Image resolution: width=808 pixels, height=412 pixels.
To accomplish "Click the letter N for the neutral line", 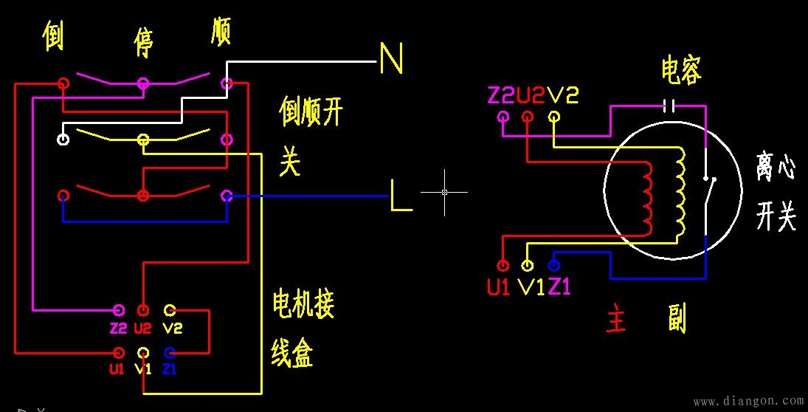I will pyautogui.click(x=391, y=58).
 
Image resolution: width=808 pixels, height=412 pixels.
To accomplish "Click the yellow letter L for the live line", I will pyautogui.click(x=401, y=196).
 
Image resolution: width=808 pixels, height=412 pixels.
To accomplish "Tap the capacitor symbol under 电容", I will pyautogui.click(x=669, y=106).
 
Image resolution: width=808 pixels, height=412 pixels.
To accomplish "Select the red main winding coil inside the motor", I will pyautogui.click(x=647, y=195).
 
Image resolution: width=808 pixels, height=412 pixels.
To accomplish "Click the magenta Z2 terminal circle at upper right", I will pyautogui.click(x=503, y=117).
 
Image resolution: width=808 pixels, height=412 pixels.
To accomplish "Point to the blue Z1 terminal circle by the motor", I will pyautogui.click(x=554, y=265).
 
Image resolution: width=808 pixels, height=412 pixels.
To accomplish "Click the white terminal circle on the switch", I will pyautogui.click(x=63, y=139).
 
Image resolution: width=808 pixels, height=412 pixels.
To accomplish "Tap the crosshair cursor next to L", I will pyautogui.click(x=444, y=192).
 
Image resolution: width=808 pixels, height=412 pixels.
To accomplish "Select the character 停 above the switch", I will pyautogui.click(x=143, y=42).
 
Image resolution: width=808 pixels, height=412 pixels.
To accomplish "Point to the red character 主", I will pyautogui.click(x=616, y=320).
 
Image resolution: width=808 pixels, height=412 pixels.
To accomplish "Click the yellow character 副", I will pyautogui.click(x=676, y=320).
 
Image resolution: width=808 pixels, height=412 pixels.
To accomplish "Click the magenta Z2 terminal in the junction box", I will pyautogui.click(x=118, y=309).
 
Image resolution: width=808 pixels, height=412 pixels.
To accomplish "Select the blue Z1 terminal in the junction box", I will pyautogui.click(x=170, y=352).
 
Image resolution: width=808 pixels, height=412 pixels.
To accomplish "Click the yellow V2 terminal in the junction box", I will pyautogui.click(x=170, y=309).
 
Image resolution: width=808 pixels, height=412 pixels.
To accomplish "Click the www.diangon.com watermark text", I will pyautogui.click(x=747, y=401).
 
